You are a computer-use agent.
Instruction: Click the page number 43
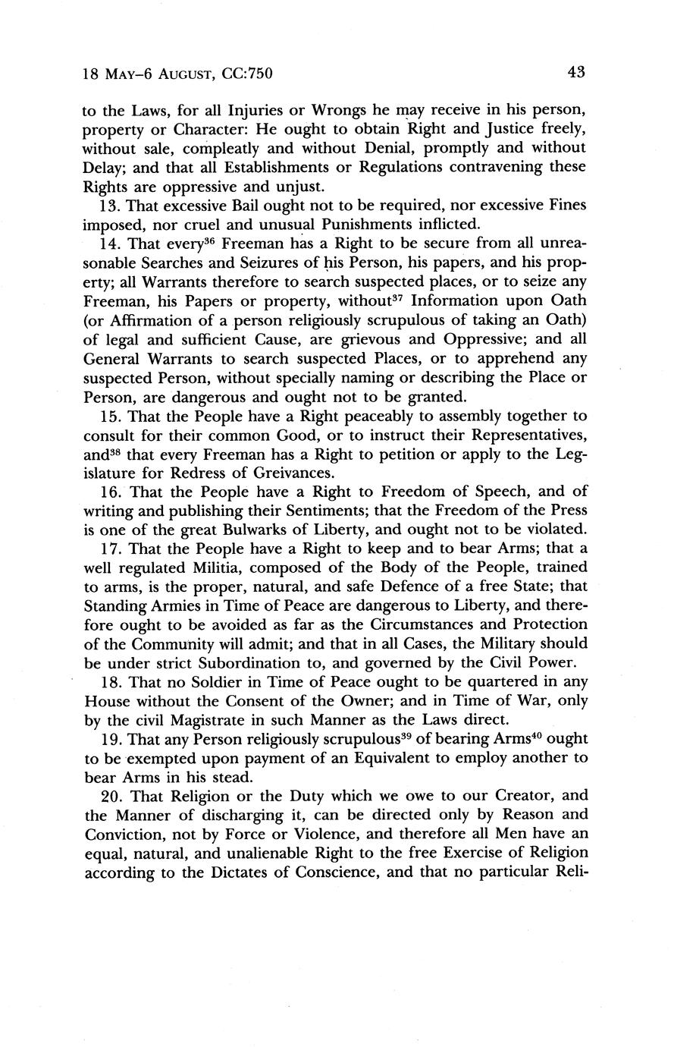(575, 73)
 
